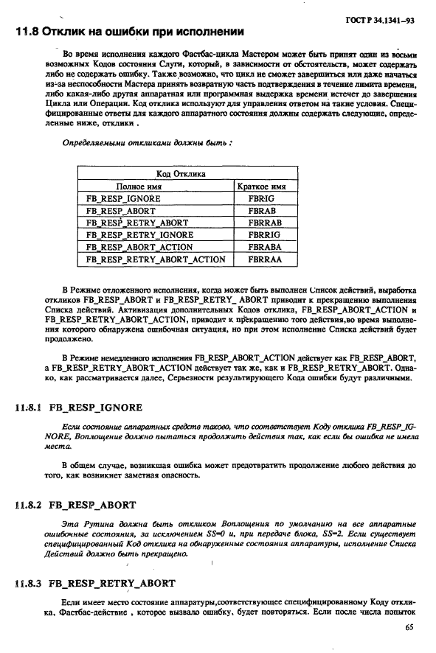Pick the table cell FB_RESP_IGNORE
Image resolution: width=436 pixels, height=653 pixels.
point(123,198)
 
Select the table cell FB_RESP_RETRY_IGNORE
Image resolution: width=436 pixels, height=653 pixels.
point(139,234)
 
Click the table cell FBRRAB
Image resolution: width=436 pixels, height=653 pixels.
point(263,222)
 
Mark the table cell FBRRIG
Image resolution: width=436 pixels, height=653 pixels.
point(263,234)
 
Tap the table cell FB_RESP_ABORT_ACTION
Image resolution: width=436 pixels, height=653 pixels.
point(139,247)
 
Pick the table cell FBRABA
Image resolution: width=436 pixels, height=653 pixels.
point(263,247)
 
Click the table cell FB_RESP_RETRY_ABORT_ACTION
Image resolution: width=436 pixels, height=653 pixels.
point(156,259)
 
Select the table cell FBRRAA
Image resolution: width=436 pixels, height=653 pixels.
point(263,259)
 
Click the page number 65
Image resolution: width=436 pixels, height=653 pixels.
point(409,628)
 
